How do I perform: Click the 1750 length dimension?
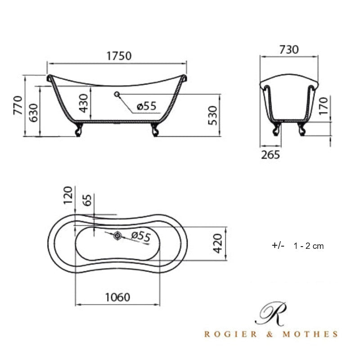[x=119, y=56]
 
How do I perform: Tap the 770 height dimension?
[x=18, y=106]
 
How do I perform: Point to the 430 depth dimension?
[x=84, y=104]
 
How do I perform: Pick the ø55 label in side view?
[x=146, y=106]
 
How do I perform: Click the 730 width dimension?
[x=289, y=49]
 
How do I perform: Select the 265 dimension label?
[x=270, y=155]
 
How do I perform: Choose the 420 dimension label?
[x=218, y=243]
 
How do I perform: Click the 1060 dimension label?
[x=117, y=297]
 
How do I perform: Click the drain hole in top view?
[x=117, y=235]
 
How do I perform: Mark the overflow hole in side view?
[x=117, y=94]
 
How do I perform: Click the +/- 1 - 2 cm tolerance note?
[x=297, y=246]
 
